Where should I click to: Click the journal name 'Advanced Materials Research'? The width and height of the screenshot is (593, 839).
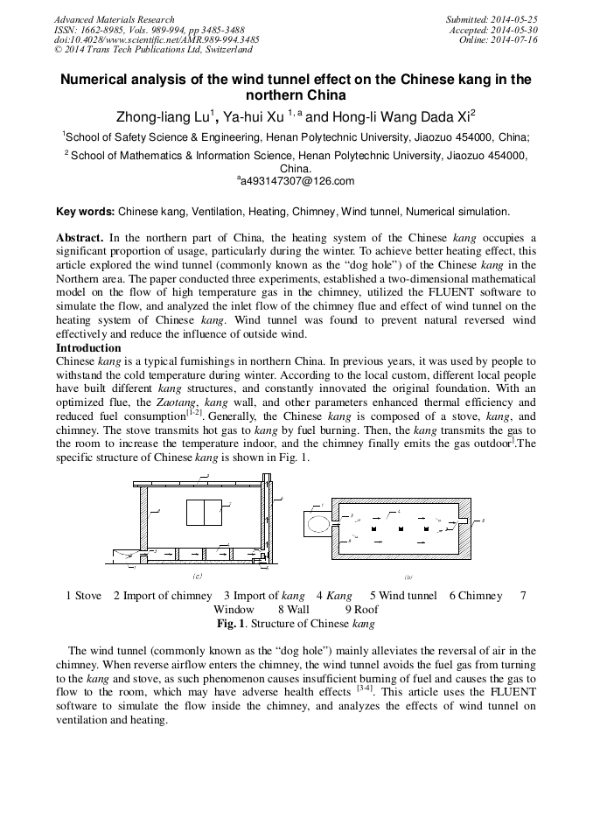[x=114, y=19]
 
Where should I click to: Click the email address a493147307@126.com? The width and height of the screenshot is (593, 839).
[x=296, y=181]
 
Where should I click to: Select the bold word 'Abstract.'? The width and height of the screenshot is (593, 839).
[x=80, y=238]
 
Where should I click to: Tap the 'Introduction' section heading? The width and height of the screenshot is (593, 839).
[x=88, y=348]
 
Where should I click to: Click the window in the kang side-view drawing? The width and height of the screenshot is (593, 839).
[x=205, y=513]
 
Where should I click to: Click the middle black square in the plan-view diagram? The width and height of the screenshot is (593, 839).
[x=400, y=531]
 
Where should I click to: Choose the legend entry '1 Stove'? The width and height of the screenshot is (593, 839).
[x=84, y=596]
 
